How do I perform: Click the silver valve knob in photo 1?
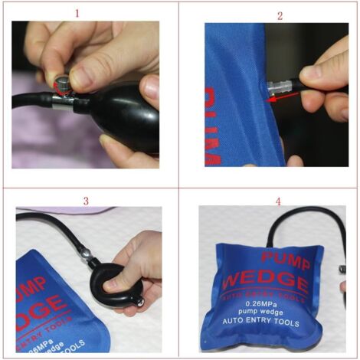[61, 80]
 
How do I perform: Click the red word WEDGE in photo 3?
[38, 306]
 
